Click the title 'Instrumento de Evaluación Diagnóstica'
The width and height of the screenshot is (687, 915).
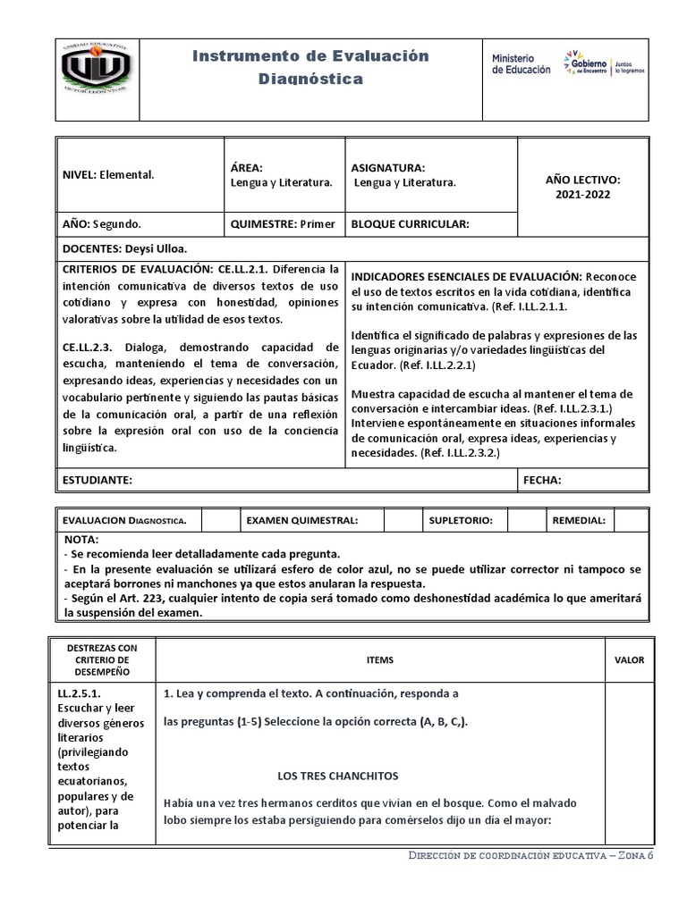311,68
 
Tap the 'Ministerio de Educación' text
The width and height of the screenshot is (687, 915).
522,63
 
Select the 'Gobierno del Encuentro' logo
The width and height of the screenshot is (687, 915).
604,63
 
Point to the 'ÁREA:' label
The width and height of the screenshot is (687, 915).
246,167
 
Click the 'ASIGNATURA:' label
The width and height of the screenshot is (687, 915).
388,167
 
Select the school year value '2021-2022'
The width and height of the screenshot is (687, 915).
582,194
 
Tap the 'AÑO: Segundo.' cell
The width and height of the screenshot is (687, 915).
101,224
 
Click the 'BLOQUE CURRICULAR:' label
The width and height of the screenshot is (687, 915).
411,224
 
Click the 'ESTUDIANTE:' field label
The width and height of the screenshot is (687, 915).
98,480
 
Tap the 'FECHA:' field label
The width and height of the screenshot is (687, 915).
542,480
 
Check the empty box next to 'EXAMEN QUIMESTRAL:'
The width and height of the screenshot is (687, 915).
402,520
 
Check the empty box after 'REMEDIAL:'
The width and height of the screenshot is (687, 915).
631,520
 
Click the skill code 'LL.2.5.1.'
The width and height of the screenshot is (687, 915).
80,692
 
